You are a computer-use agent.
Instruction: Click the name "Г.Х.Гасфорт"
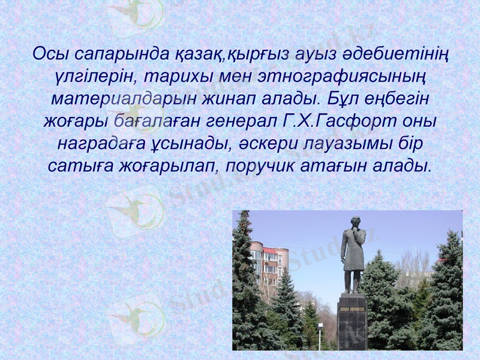pyautogui.click(x=336, y=120)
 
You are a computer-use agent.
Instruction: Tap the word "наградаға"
pyautogui.click(x=98, y=142)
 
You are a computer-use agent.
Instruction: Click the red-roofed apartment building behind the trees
pyautogui.click(x=268, y=258)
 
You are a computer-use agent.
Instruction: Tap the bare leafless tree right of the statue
pyautogui.click(x=414, y=264)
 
